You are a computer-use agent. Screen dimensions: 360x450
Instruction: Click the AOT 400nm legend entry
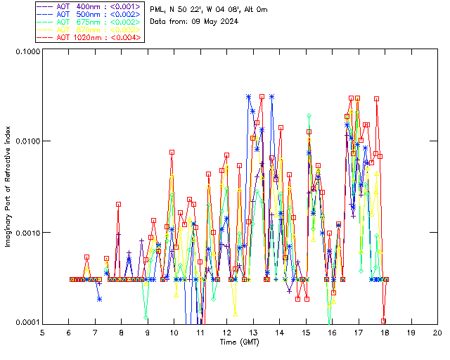click(x=89, y=6)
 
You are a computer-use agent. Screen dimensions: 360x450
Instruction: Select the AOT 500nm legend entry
click(x=89, y=14)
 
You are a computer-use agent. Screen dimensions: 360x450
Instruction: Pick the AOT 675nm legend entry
click(x=89, y=22)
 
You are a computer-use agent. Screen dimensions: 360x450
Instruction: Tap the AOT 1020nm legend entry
click(x=89, y=37)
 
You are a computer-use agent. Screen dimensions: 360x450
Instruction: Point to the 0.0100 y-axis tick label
click(x=25, y=142)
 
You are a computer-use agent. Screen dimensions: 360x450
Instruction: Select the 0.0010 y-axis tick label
click(x=25, y=233)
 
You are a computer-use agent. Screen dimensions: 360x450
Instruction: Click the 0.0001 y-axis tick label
click(x=25, y=323)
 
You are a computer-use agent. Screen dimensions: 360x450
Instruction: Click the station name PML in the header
click(x=157, y=9)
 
